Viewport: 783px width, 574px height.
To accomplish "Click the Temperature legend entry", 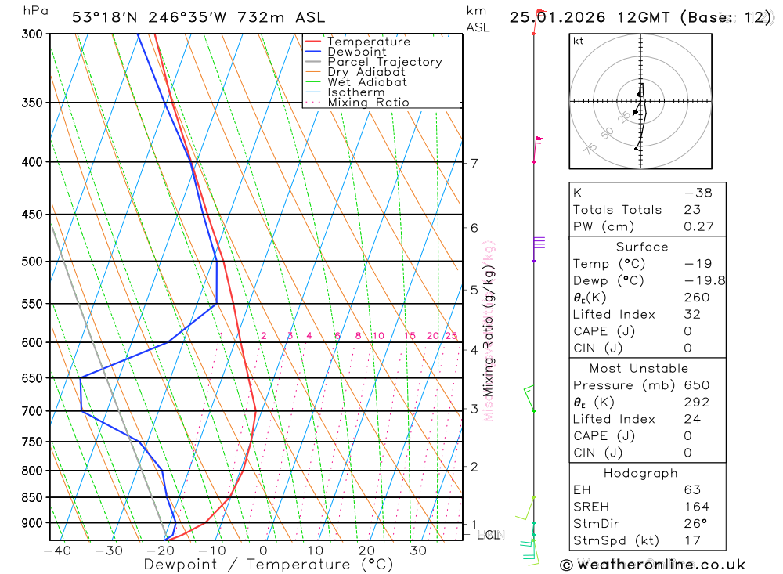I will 368,42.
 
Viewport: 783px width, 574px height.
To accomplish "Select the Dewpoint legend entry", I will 356,52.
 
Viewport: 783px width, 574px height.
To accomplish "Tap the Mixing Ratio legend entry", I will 368,102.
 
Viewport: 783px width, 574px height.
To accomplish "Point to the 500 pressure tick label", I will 32,261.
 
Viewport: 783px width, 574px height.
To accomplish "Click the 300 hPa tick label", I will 32,34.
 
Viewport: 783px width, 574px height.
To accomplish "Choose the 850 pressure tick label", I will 32,497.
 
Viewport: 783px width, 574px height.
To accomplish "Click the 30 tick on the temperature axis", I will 417,551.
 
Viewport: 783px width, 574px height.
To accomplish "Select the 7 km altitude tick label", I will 474,163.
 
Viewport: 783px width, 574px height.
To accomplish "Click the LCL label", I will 488,535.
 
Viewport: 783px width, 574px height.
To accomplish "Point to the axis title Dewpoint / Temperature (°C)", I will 269,565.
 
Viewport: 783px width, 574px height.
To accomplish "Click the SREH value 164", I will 695,507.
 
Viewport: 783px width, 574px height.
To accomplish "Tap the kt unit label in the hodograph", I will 578,41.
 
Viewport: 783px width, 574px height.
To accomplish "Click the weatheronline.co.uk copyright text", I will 653,565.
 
